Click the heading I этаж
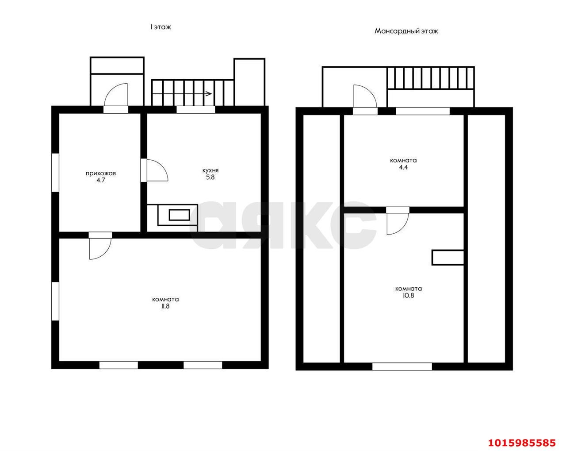click(x=161, y=27)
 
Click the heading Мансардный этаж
click(x=406, y=31)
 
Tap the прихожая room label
click(x=101, y=173)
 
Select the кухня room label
click(x=210, y=170)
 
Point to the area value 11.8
click(x=165, y=306)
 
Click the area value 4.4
click(x=403, y=167)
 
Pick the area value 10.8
click(x=409, y=295)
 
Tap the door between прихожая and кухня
click(x=154, y=170)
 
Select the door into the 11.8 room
click(x=100, y=246)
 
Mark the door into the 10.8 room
click(x=398, y=220)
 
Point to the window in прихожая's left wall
click(x=55, y=173)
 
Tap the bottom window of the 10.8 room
click(x=402, y=366)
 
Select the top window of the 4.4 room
click(x=423, y=111)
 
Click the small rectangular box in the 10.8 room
click(x=448, y=258)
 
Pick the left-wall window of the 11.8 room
click(x=55, y=301)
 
